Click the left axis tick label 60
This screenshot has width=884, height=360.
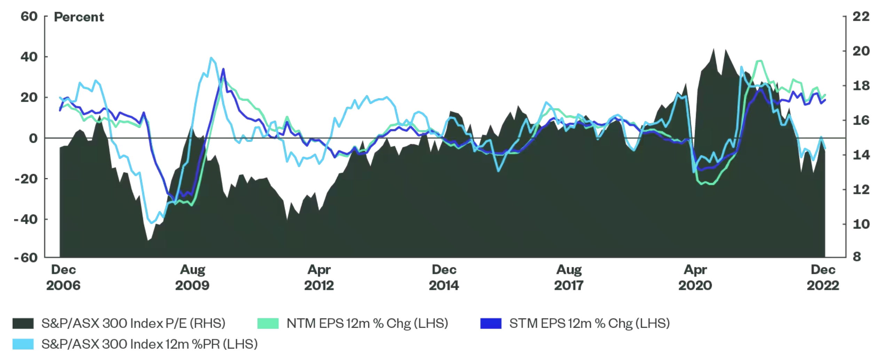click(29, 16)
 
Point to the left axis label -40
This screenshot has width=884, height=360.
click(26, 220)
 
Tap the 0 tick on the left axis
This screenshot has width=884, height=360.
click(33, 139)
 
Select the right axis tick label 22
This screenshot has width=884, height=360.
click(861, 16)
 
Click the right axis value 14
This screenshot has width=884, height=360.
click(861, 155)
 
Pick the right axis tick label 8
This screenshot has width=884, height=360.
click(857, 257)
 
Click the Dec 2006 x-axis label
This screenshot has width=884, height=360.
click(63, 277)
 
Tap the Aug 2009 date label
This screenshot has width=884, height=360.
click(192, 277)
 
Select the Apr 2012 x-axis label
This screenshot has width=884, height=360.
click(319, 277)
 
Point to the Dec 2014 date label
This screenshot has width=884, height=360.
click(444, 277)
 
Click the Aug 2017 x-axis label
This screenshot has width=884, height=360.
click(569, 277)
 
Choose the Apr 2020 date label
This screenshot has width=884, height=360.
click(695, 277)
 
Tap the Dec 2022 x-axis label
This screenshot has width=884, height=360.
click(823, 277)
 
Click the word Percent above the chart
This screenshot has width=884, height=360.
click(79, 17)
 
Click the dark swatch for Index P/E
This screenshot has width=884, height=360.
click(23, 323)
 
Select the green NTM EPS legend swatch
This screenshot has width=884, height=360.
click(268, 323)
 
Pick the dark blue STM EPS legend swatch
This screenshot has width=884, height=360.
click(491, 323)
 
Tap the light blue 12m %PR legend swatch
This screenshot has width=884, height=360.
click(23, 344)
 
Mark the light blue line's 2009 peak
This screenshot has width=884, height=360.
click(211, 58)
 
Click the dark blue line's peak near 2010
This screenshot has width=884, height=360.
click(223, 69)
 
